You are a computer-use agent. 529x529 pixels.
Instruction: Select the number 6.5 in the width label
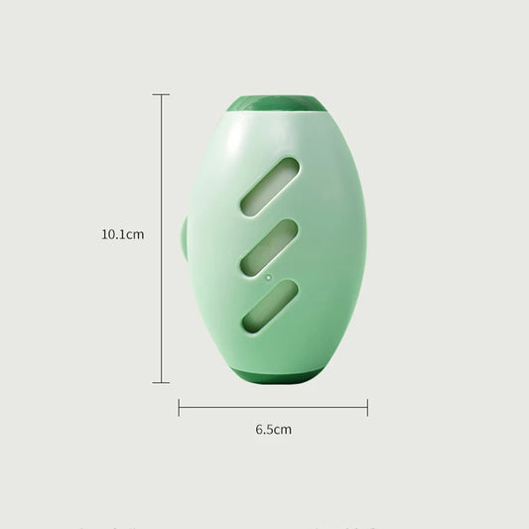coord(264,430)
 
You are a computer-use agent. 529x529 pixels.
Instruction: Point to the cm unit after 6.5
coord(283,430)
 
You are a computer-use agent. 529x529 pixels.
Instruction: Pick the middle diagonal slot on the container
coord(269,244)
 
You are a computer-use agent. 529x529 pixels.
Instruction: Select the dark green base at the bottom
coord(275,374)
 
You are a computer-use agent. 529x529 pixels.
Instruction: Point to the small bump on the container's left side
coord(185,238)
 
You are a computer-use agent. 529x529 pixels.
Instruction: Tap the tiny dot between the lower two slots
coord(268,274)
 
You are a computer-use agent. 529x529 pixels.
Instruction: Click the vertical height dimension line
coord(161,238)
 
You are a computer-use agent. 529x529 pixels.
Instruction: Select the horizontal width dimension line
coord(273,407)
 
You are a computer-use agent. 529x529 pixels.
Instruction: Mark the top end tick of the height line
coord(161,94)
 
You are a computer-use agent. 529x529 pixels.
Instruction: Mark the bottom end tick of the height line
coord(161,382)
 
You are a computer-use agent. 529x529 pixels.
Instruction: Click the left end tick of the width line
coord(179,407)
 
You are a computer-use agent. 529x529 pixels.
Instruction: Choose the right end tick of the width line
coord(367,407)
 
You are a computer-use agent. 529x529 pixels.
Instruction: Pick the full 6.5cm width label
coord(273,430)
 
